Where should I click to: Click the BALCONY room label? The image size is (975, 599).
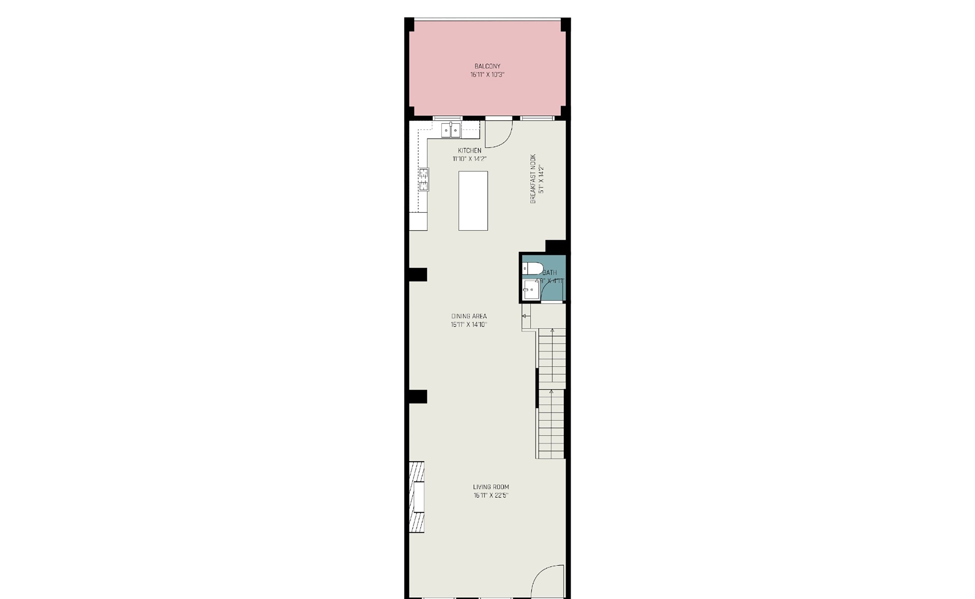[x=487, y=66]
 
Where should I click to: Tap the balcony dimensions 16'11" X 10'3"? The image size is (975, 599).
[x=487, y=75]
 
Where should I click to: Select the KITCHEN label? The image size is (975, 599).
[x=469, y=151]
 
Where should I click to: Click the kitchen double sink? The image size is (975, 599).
[x=451, y=130]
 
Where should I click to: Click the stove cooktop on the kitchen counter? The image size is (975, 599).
[x=424, y=179]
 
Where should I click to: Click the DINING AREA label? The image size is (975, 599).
[x=469, y=316]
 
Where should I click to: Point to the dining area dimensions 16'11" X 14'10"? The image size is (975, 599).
[x=469, y=325]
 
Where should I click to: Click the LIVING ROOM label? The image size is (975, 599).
[x=491, y=487]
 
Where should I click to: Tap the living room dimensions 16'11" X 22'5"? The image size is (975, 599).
[x=491, y=495]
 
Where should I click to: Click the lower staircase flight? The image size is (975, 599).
[x=551, y=424]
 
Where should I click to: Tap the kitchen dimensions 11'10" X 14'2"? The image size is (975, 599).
[x=469, y=159]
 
